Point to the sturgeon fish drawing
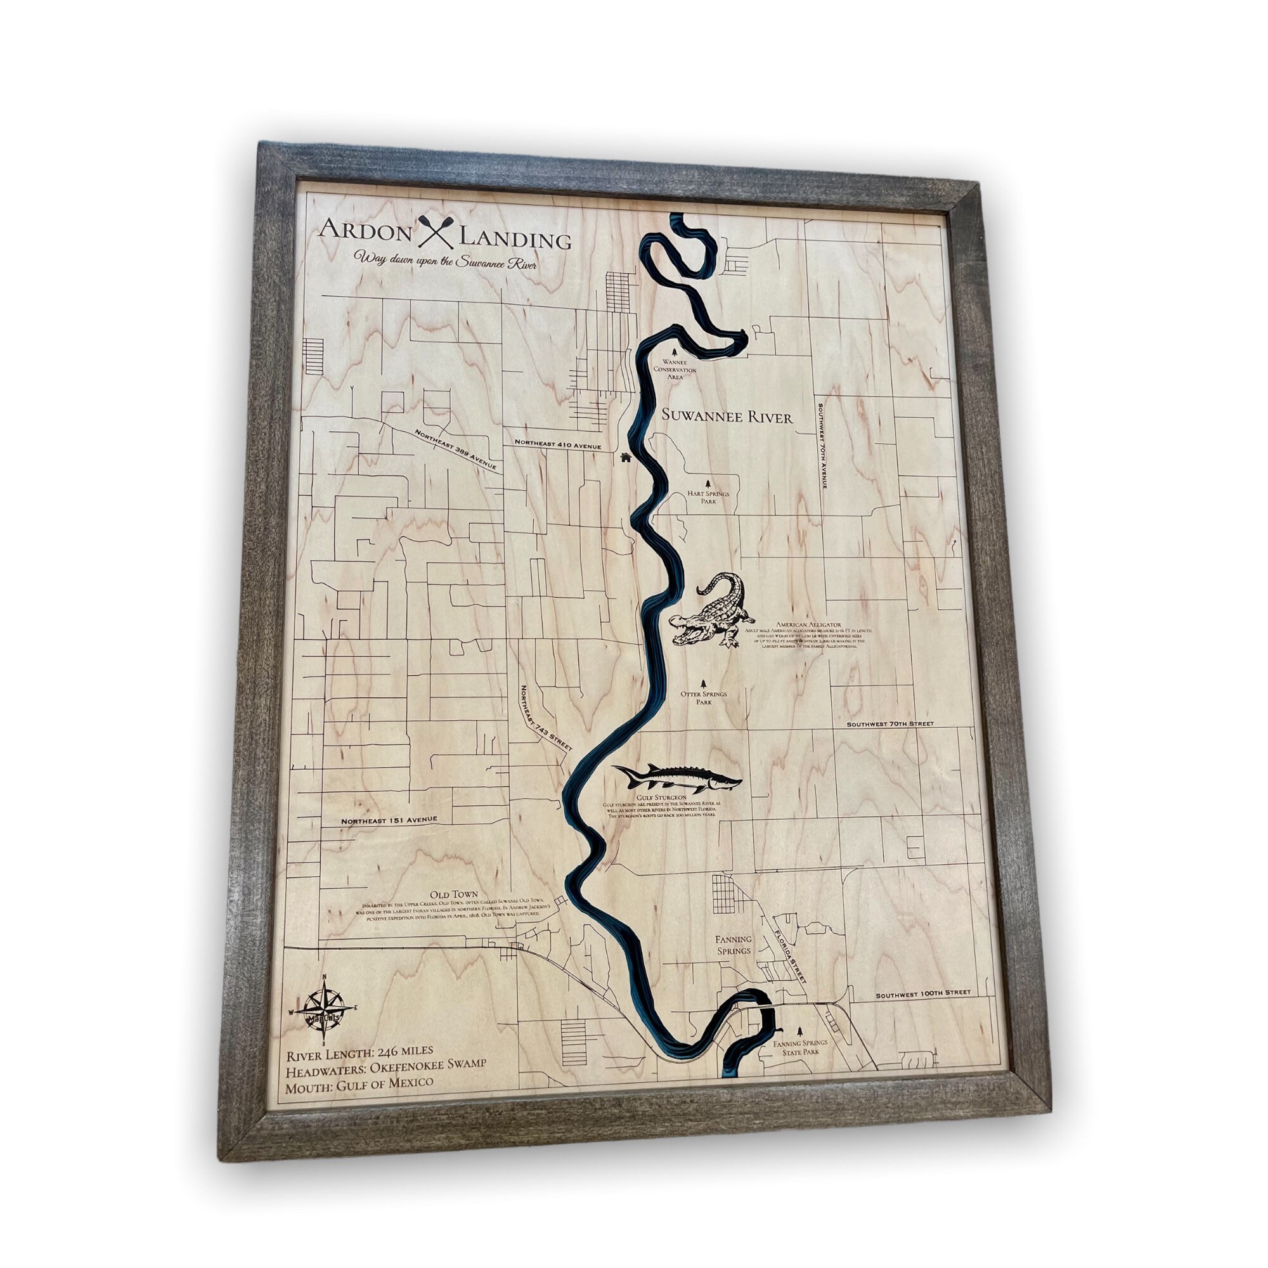pos(676,779)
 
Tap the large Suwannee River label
pos(727,416)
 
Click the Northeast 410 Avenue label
pos(558,445)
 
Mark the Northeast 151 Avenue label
pos(390,820)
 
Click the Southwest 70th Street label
pos(890,724)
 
